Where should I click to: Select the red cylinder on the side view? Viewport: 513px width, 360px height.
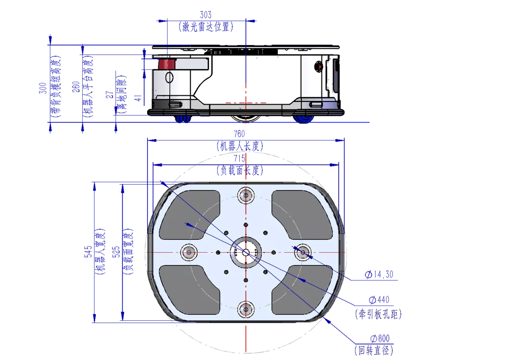[x=167, y=64]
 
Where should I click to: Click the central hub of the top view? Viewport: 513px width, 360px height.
[x=246, y=252]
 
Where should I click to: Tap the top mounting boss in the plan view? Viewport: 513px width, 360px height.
[x=246, y=196]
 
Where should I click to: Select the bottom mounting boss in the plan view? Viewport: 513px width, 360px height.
[x=246, y=309]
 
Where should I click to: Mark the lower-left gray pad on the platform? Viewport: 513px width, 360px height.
[x=188, y=290]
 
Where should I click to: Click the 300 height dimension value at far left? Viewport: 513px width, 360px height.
[x=42, y=88]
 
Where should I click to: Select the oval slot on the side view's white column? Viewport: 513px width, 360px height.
[x=169, y=78]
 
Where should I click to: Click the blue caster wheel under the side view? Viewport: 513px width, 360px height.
[x=304, y=119]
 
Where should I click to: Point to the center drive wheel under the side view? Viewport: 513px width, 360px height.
[x=246, y=118]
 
